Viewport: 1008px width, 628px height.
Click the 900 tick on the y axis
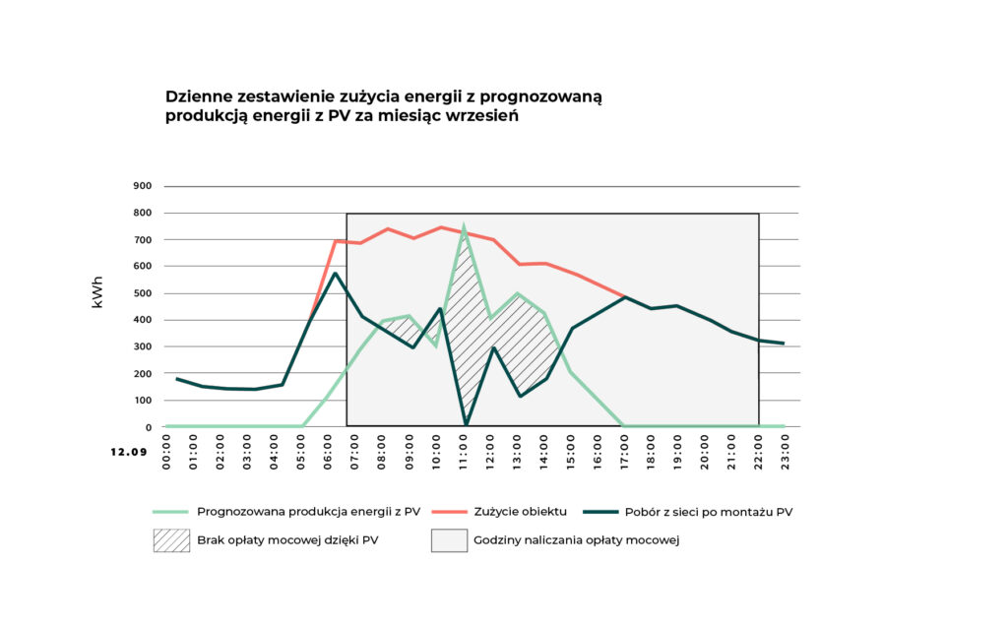coord(143,186)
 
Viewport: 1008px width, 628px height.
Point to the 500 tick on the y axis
coord(143,293)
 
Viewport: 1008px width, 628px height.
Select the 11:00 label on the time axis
coord(464,452)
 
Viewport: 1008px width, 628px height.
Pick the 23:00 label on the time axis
coord(785,452)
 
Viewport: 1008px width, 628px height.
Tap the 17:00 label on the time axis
coord(624,452)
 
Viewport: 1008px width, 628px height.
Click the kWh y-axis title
coord(98,293)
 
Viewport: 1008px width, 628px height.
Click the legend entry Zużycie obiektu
coord(521,511)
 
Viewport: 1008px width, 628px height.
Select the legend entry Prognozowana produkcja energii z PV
coord(308,511)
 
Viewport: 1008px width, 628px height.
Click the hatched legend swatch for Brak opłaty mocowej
coord(172,540)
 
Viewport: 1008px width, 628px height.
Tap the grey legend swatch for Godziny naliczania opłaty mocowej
coord(449,540)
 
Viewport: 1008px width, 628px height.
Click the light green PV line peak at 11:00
coord(464,228)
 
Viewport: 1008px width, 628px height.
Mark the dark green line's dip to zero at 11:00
coord(466,425)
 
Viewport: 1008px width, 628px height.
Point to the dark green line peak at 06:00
coord(336,274)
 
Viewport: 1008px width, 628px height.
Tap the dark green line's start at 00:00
coord(176,379)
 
